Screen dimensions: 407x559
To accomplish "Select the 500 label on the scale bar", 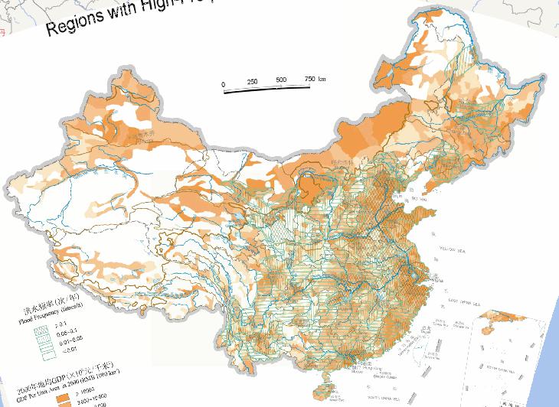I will coord(281,80).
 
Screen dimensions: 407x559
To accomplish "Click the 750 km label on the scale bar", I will coord(315,79).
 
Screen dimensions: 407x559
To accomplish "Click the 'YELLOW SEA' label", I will coord(451,249).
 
